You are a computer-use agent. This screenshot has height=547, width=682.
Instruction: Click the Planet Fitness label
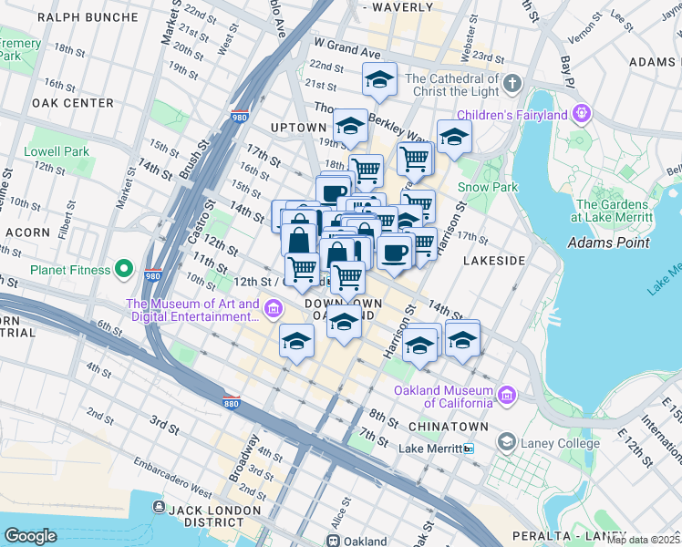click(70, 270)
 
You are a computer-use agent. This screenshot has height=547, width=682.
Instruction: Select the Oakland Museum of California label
click(444, 397)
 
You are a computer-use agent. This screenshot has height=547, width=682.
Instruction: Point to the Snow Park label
click(488, 187)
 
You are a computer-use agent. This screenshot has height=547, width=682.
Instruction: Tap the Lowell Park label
click(57, 151)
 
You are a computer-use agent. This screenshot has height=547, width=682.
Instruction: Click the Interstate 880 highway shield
click(231, 401)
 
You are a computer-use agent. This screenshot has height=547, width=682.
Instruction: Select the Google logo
click(31, 535)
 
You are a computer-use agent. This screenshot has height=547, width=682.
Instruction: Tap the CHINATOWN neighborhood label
click(448, 427)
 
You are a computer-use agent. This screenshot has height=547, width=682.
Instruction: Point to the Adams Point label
click(608, 243)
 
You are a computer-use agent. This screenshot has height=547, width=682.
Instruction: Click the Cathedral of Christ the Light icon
click(511, 85)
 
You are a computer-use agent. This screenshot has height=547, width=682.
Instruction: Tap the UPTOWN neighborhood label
click(298, 128)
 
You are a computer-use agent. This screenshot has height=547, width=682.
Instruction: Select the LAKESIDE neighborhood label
click(494, 261)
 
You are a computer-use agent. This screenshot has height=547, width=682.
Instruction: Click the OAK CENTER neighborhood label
click(72, 103)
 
